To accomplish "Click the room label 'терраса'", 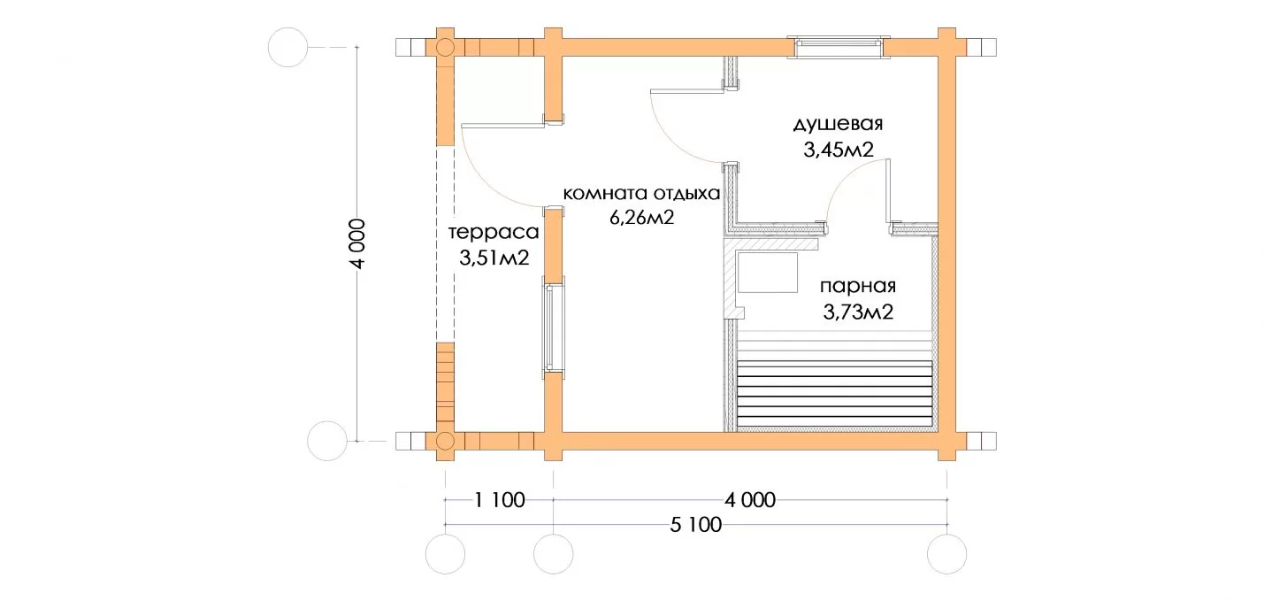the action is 494,233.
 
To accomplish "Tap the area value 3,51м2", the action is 494,258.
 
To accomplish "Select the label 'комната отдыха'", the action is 641,194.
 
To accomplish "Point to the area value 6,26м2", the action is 641,218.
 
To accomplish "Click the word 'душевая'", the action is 838,124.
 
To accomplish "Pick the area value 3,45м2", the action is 839,150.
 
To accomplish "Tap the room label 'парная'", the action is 858,287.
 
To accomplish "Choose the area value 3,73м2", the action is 858,312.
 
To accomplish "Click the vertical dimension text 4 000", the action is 357,243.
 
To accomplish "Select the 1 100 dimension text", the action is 500,500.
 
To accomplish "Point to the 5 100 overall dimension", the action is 696,525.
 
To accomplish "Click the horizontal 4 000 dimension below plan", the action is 750,500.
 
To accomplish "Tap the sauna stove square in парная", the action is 767,273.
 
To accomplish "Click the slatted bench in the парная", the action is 835,394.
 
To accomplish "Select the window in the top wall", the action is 839,48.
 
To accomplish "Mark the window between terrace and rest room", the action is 554,327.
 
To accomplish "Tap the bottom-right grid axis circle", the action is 946,554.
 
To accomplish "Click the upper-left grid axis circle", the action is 287,48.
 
